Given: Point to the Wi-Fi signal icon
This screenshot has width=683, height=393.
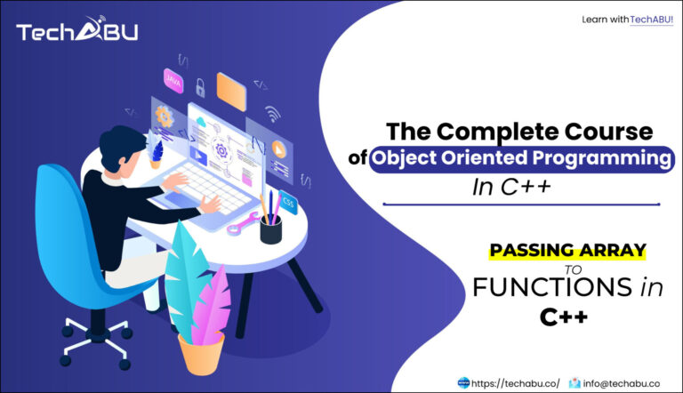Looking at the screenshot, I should [273, 114].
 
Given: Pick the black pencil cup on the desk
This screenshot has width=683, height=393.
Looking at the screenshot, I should [270, 229].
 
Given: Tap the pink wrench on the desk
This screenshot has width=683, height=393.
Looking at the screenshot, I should [242, 224].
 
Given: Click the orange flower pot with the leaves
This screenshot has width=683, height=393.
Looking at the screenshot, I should [201, 350].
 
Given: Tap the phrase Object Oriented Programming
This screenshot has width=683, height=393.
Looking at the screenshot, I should [521, 160].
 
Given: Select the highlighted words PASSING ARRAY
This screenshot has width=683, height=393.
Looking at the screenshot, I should [566, 252].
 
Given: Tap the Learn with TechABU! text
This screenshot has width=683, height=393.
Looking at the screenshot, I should [627, 19].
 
